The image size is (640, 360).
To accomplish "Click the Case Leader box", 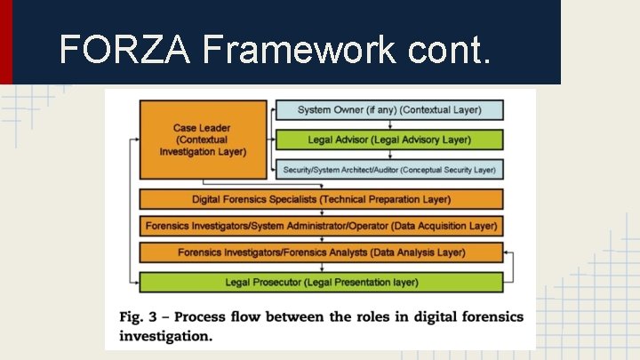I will pos(203,140).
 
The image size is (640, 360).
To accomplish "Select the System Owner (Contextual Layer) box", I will pos(389,110).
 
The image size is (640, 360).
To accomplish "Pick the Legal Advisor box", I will pos(389,140).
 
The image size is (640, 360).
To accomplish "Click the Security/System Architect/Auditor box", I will pos(389,169).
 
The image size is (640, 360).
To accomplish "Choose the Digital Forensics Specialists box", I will pos(321,199).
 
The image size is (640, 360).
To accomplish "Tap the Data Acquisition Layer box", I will pos(321,226).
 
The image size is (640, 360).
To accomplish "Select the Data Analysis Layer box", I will pos(321,252).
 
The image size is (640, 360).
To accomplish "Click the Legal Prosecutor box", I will pos(321,283).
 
